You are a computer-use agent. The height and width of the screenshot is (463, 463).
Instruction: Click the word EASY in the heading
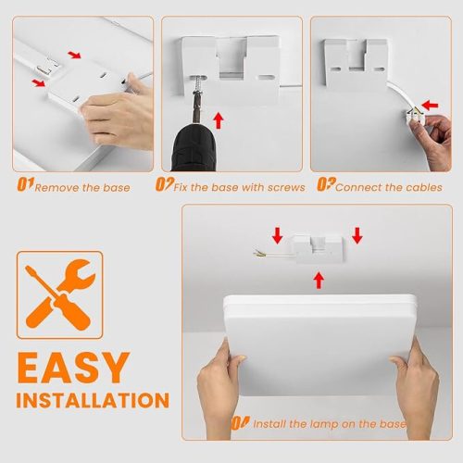(73, 368)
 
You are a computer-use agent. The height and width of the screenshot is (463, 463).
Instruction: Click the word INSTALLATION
(93, 400)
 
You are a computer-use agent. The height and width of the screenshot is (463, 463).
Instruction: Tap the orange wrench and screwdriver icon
(60, 294)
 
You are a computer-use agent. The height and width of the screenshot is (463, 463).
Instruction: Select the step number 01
(25, 184)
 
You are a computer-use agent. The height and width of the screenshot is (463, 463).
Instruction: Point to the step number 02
(165, 184)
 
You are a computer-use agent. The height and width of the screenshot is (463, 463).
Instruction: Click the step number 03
(326, 184)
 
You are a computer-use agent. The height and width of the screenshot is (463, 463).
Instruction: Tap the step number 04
(241, 423)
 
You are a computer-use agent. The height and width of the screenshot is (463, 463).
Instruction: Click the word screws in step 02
(286, 187)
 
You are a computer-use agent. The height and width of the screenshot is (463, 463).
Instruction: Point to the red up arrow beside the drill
(219, 120)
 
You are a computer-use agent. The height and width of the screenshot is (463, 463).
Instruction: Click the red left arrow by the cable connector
(430, 106)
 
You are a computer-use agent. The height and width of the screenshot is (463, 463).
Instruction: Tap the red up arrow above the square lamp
(319, 281)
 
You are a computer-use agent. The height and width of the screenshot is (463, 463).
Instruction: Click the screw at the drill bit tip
(196, 83)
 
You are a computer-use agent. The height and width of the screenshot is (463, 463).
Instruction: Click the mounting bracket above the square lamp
(318, 249)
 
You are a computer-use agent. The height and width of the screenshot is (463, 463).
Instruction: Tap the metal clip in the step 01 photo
(44, 69)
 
